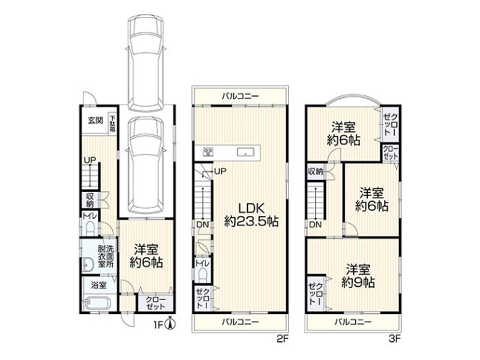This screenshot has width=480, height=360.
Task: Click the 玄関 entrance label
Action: click(x=95, y=121)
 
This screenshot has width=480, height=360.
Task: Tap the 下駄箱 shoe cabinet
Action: click(x=113, y=124)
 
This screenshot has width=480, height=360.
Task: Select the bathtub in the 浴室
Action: click(x=97, y=304)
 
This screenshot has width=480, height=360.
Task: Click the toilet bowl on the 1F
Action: click(x=91, y=228)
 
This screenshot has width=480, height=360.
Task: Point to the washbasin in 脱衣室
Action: click(x=88, y=265)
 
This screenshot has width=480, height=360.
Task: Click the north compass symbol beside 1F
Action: click(x=170, y=324)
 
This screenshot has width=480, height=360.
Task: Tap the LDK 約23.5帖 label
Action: click(x=251, y=215)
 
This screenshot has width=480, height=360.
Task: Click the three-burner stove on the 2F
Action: click(x=209, y=152)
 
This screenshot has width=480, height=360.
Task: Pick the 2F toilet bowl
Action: click(x=203, y=275)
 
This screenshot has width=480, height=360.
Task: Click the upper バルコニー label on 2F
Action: click(x=241, y=97)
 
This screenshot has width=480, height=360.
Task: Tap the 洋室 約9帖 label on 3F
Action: click(x=358, y=276)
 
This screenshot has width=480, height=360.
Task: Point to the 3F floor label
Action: click(x=395, y=338)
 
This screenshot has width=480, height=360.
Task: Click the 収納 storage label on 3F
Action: click(x=316, y=172)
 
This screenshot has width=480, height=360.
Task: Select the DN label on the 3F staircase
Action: click(x=316, y=224)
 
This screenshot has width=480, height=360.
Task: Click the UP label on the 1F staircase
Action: click(x=90, y=160)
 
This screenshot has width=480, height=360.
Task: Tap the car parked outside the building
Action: click(x=146, y=64)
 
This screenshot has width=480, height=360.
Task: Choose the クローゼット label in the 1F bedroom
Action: click(x=155, y=303)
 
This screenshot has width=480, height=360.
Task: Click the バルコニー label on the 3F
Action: click(x=353, y=322)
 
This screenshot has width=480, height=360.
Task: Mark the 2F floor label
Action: click(x=283, y=338)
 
